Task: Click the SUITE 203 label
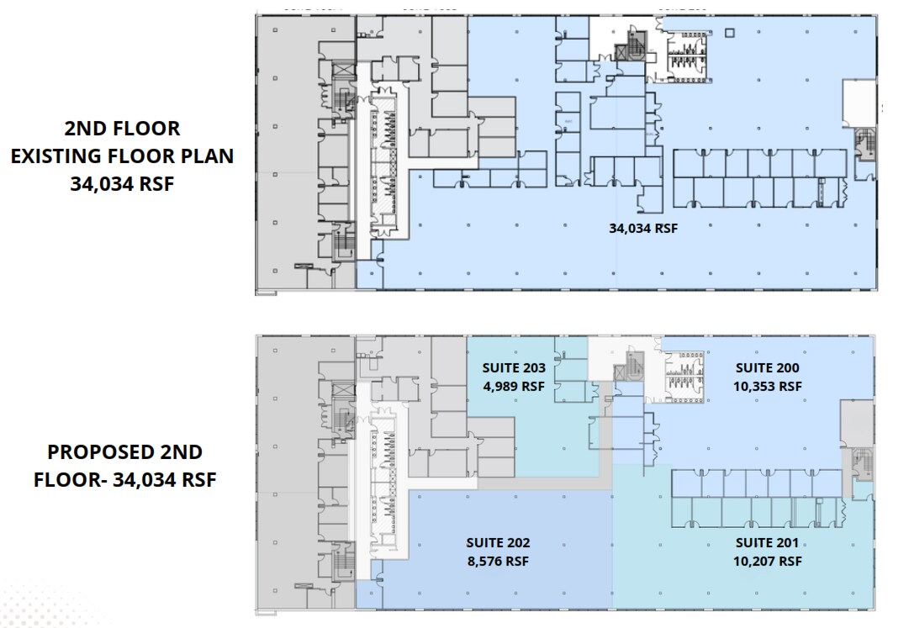pyautogui.click(x=514, y=367)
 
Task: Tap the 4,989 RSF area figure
pyautogui.click(x=514, y=386)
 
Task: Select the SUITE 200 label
pyautogui.click(x=767, y=367)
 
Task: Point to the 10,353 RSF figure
pyautogui.click(x=767, y=386)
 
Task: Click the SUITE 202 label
pyautogui.click(x=498, y=543)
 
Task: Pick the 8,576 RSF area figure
pyautogui.click(x=498, y=561)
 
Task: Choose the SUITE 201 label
pyautogui.click(x=766, y=543)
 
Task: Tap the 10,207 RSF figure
pyautogui.click(x=766, y=561)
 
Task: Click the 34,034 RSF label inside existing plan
pyautogui.click(x=643, y=227)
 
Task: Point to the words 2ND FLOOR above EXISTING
pyautogui.click(x=122, y=129)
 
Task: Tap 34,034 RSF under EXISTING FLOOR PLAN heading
pyautogui.click(x=122, y=184)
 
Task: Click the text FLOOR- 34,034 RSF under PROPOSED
pyautogui.click(x=124, y=480)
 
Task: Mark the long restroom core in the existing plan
pyautogui.click(x=383, y=164)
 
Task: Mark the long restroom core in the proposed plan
pyautogui.click(x=383, y=483)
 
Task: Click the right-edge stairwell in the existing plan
pyautogui.click(x=864, y=147)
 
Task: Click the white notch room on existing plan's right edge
pyautogui.click(x=859, y=98)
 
